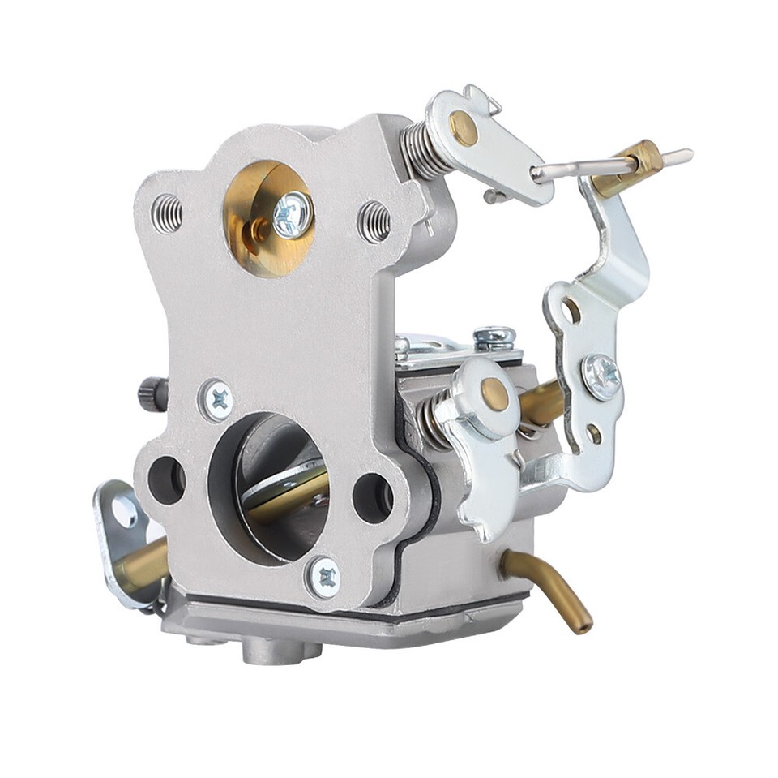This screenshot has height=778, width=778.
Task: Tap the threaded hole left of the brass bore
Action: [166, 213]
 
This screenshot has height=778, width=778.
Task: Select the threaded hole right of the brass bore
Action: [374, 221]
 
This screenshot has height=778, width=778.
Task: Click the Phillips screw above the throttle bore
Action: [218, 399]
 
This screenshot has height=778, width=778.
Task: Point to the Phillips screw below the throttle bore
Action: [326, 578]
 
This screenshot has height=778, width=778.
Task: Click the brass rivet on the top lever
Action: [464, 127]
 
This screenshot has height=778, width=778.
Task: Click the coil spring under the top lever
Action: [425, 151]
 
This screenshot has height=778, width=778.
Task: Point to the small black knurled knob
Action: [152, 394]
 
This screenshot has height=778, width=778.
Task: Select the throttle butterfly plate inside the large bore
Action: [284, 487]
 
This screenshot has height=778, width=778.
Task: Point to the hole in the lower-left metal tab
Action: [124, 510]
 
